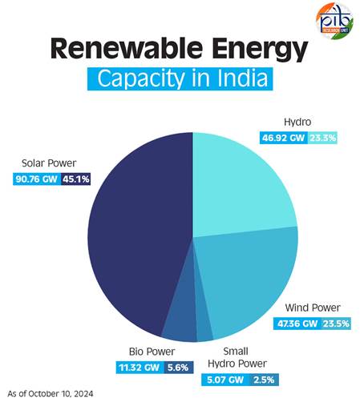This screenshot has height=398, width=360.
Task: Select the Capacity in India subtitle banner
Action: pyautogui.click(x=180, y=81)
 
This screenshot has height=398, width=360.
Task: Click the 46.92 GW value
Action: pyautogui.click(x=285, y=139)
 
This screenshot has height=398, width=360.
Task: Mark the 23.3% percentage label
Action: pyautogui.click(x=326, y=139)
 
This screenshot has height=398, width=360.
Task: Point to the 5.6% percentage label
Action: pyautogui.click(x=176, y=368)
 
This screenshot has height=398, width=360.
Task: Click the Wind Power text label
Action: pyautogui.click(x=313, y=308)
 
